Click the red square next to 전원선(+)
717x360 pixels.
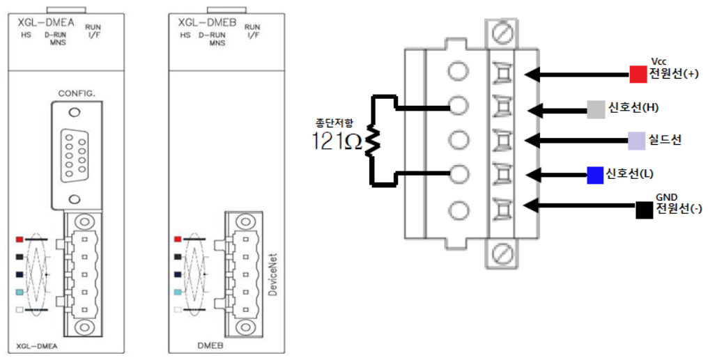coord(637,73)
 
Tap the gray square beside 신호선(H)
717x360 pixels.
coord(595,109)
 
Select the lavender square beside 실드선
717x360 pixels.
coord(635,141)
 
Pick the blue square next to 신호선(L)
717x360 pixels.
coord(594,175)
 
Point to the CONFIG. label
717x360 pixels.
coord(76,92)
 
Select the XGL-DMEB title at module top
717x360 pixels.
coord(203,22)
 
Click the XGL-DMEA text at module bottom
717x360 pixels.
coord(35,345)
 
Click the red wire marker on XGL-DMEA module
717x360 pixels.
coord(20,239)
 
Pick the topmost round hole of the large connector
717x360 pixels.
coord(457,72)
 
